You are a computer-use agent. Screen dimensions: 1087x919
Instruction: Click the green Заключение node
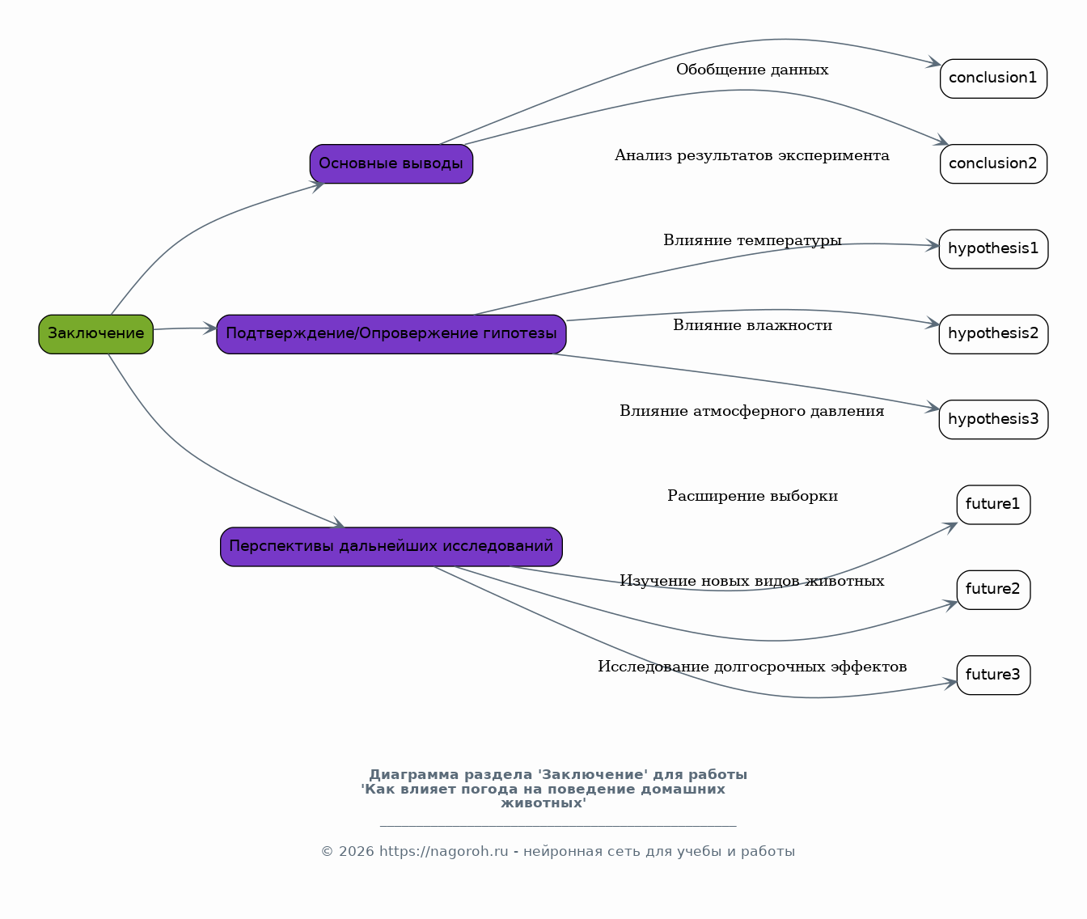tap(95, 334)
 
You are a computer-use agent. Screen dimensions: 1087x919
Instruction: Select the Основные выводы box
tap(391, 163)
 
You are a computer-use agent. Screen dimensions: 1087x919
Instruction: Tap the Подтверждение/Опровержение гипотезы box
tap(391, 334)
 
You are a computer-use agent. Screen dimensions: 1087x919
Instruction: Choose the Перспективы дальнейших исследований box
tap(391, 547)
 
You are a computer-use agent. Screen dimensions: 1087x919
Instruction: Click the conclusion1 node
tap(993, 78)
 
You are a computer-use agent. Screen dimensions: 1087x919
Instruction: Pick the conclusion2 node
tap(993, 163)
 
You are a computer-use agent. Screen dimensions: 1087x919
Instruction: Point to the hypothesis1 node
tap(993, 249)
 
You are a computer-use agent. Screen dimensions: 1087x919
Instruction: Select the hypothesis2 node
tap(993, 334)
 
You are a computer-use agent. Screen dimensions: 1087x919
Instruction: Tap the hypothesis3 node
tap(993, 419)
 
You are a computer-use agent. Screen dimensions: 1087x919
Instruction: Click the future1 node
tap(993, 505)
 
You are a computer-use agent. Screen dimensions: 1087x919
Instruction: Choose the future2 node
tap(993, 590)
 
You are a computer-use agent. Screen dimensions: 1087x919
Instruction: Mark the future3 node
tap(993, 675)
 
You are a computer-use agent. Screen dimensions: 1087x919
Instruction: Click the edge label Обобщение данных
tap(752, 70)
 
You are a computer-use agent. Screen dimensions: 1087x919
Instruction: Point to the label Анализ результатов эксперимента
tap(752, 155)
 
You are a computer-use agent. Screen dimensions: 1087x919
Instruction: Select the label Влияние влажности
tap(752, 326)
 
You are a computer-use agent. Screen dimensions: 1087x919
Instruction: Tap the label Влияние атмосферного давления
tap(752, 411)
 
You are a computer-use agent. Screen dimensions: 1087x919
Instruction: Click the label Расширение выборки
tap(752, 496)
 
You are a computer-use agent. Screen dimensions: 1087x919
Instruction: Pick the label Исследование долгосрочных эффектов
tap(752, 667)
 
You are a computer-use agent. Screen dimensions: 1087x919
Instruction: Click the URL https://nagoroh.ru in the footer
tap(444, 851)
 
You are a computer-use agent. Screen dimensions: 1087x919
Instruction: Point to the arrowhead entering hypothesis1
tap(933, 245)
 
